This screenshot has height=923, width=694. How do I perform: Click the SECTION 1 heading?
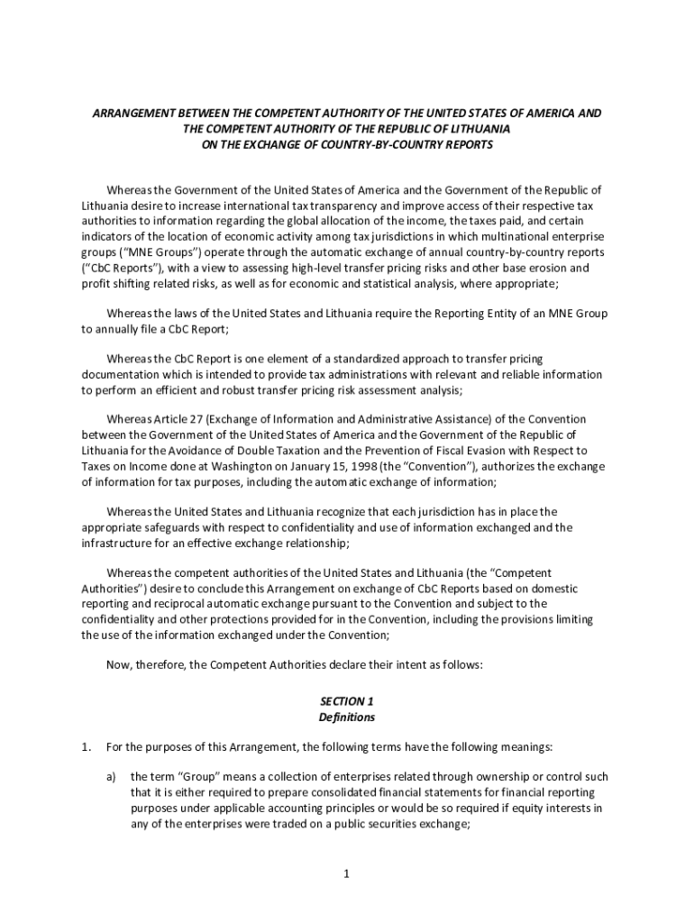346,700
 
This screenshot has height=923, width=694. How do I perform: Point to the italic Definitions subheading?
346,717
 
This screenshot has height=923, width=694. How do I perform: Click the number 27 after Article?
187,419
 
